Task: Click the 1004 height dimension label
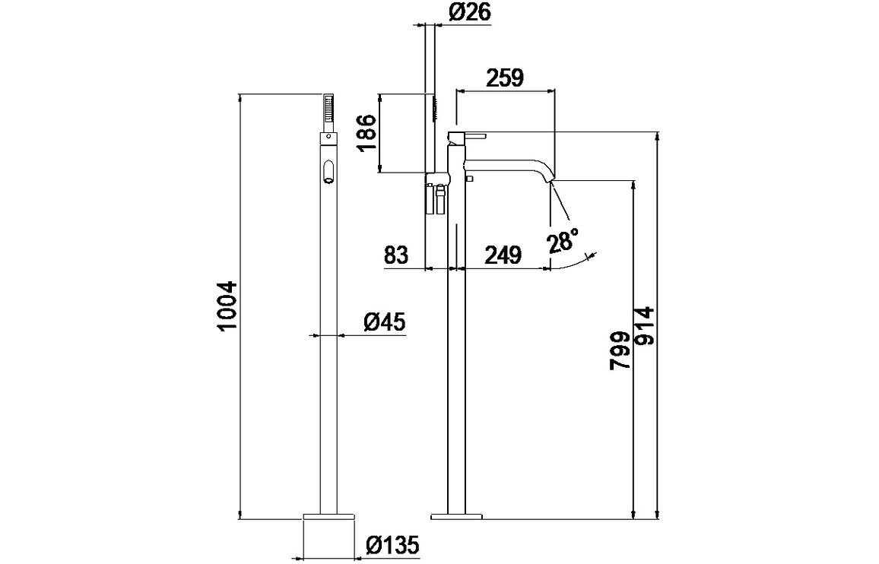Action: pyautogui.click(x=228, y=306)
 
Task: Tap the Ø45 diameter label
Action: pyautogui.click(x=382, y=323)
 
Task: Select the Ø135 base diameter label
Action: pyautogui.click(x=392, y=545)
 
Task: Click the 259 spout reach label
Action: pyautogui.click(x=505, y=78)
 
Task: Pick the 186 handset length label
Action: pyautogui.click(x=367, y=133)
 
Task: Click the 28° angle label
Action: pyautogui.click(x=563, y=241)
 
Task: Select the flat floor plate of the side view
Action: pyautogui.click(x=456, y=516)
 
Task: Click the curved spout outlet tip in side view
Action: pyautogui.click(x=551, y=181)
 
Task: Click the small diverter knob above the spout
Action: pyautogui.click(x=469, y=178)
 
